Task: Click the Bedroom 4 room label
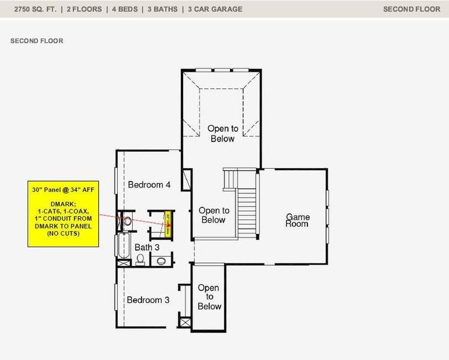pyautogui.click(x=150, y=185)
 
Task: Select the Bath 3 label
pyautogui.click(x=147, y=247)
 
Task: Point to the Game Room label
pyautogui.click(x=297, y=220)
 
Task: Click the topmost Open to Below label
pyautogui.click(x=223, y=133)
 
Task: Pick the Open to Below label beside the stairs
pyautogui.click(x=213, y=215)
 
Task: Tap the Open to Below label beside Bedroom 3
pyautogui.click(x=208, y=297)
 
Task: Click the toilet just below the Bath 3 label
pyautogui.click(x=140, y=259)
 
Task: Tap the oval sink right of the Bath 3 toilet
pyautogui.click(x=161, y=260)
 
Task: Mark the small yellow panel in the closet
pyautogui.click(x=169, y=223)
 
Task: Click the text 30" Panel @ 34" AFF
pyautogui.click(x=63, y=190)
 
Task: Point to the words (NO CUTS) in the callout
pyautogui.click(x=63, y=233)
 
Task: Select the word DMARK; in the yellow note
pyautogui.click(x=63, y=204)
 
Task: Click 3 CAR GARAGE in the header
pyautogui.click(x=215, y=9)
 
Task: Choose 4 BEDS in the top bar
pyautogui.click(x=122, y=9)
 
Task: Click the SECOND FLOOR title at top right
pyautogui.click(x=411, y=9)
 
